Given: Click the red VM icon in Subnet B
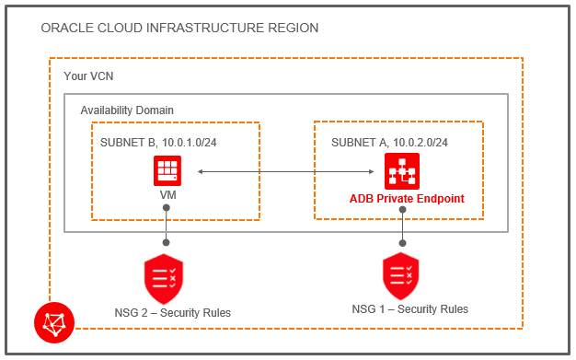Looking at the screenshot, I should tap(167, 171).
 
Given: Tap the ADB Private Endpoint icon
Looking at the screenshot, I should tap(401, 171).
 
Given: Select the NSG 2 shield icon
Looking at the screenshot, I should tap(163, 276).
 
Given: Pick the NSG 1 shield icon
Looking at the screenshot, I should tap(401, 274).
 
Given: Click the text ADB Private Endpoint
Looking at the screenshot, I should tap(407, 198).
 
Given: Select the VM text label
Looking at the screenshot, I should tap(167, 196).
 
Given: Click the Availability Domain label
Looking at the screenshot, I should tap(127, 110).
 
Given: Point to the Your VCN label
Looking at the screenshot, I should tap(89, 75).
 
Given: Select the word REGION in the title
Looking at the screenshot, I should tap(290, 29).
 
